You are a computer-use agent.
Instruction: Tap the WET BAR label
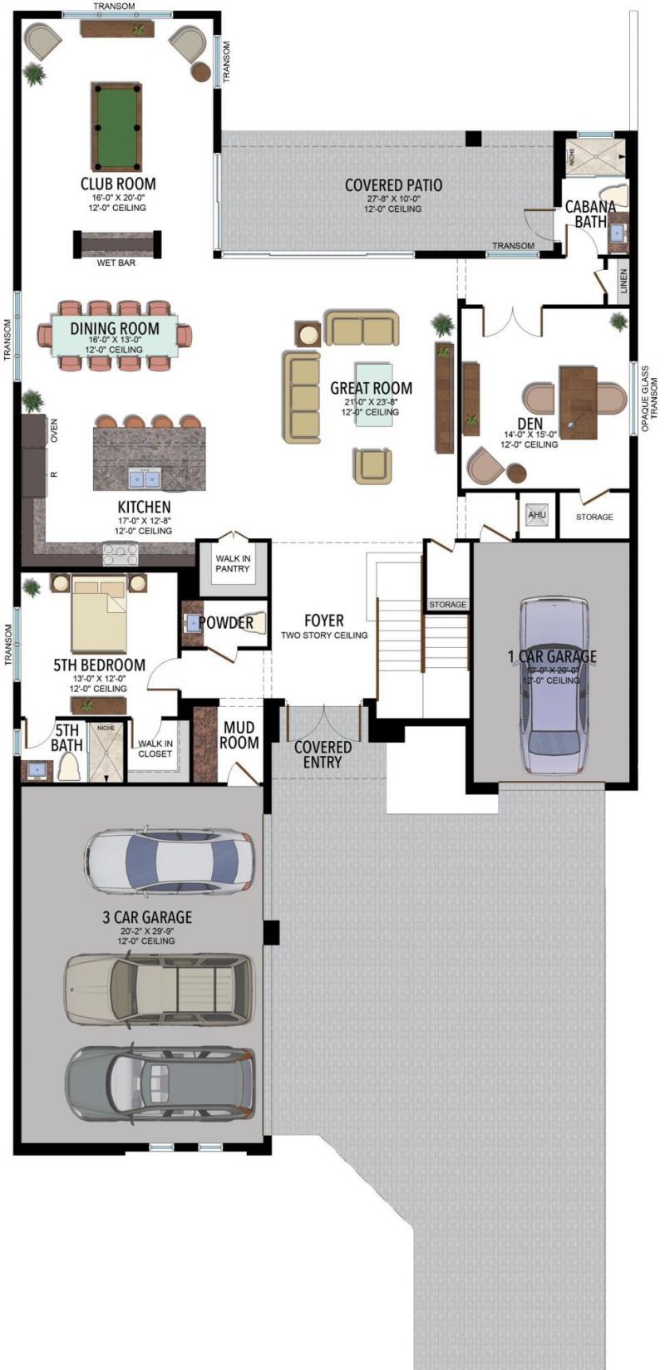pyautogui.click(x=117, y=263)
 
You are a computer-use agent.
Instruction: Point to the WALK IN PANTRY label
pyautogui.click(x=233, y=563)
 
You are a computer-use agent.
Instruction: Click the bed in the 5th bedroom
pyautogui.click(x=99, y=615)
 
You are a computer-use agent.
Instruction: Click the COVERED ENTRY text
pyautogui.click(x=323, y=754)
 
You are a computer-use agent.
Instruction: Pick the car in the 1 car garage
pyautogui.click(x=552, y=685)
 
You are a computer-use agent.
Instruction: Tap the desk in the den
pyautogui.click(x=578, y=403)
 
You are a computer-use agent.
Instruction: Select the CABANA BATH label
pyautogui.click(x=590, y=214)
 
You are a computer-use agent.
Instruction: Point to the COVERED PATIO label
pyautogui.click(x=393, y=185)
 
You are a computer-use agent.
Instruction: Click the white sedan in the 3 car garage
pyautogui.click(x=168, y=861)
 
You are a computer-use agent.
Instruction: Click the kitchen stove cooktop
pyautogui.click(x=121, y=553)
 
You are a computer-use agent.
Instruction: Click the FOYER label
pyautogui.click(x=323, y=621)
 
